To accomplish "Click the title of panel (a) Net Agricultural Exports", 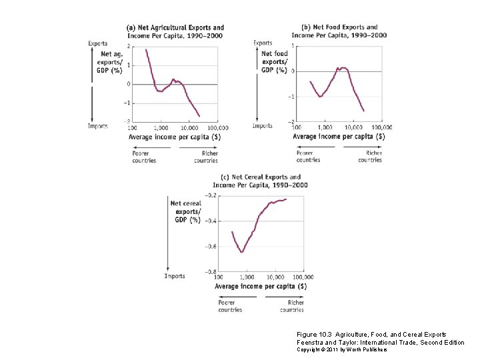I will pos(175,31).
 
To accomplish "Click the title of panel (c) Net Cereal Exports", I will pos(257,181).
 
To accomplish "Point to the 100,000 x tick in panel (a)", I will pos(217,127).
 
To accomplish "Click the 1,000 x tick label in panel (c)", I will pos(246,277).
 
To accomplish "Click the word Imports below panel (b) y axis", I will pos(262,125).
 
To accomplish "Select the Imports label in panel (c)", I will pos(175,275).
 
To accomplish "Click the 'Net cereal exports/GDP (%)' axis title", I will pos(185,211).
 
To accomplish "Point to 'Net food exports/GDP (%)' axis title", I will pos(274,61).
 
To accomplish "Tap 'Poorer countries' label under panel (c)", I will pos(230,305).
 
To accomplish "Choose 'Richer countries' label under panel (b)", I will pos(370,156).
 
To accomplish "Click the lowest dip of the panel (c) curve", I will pos(242,252).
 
